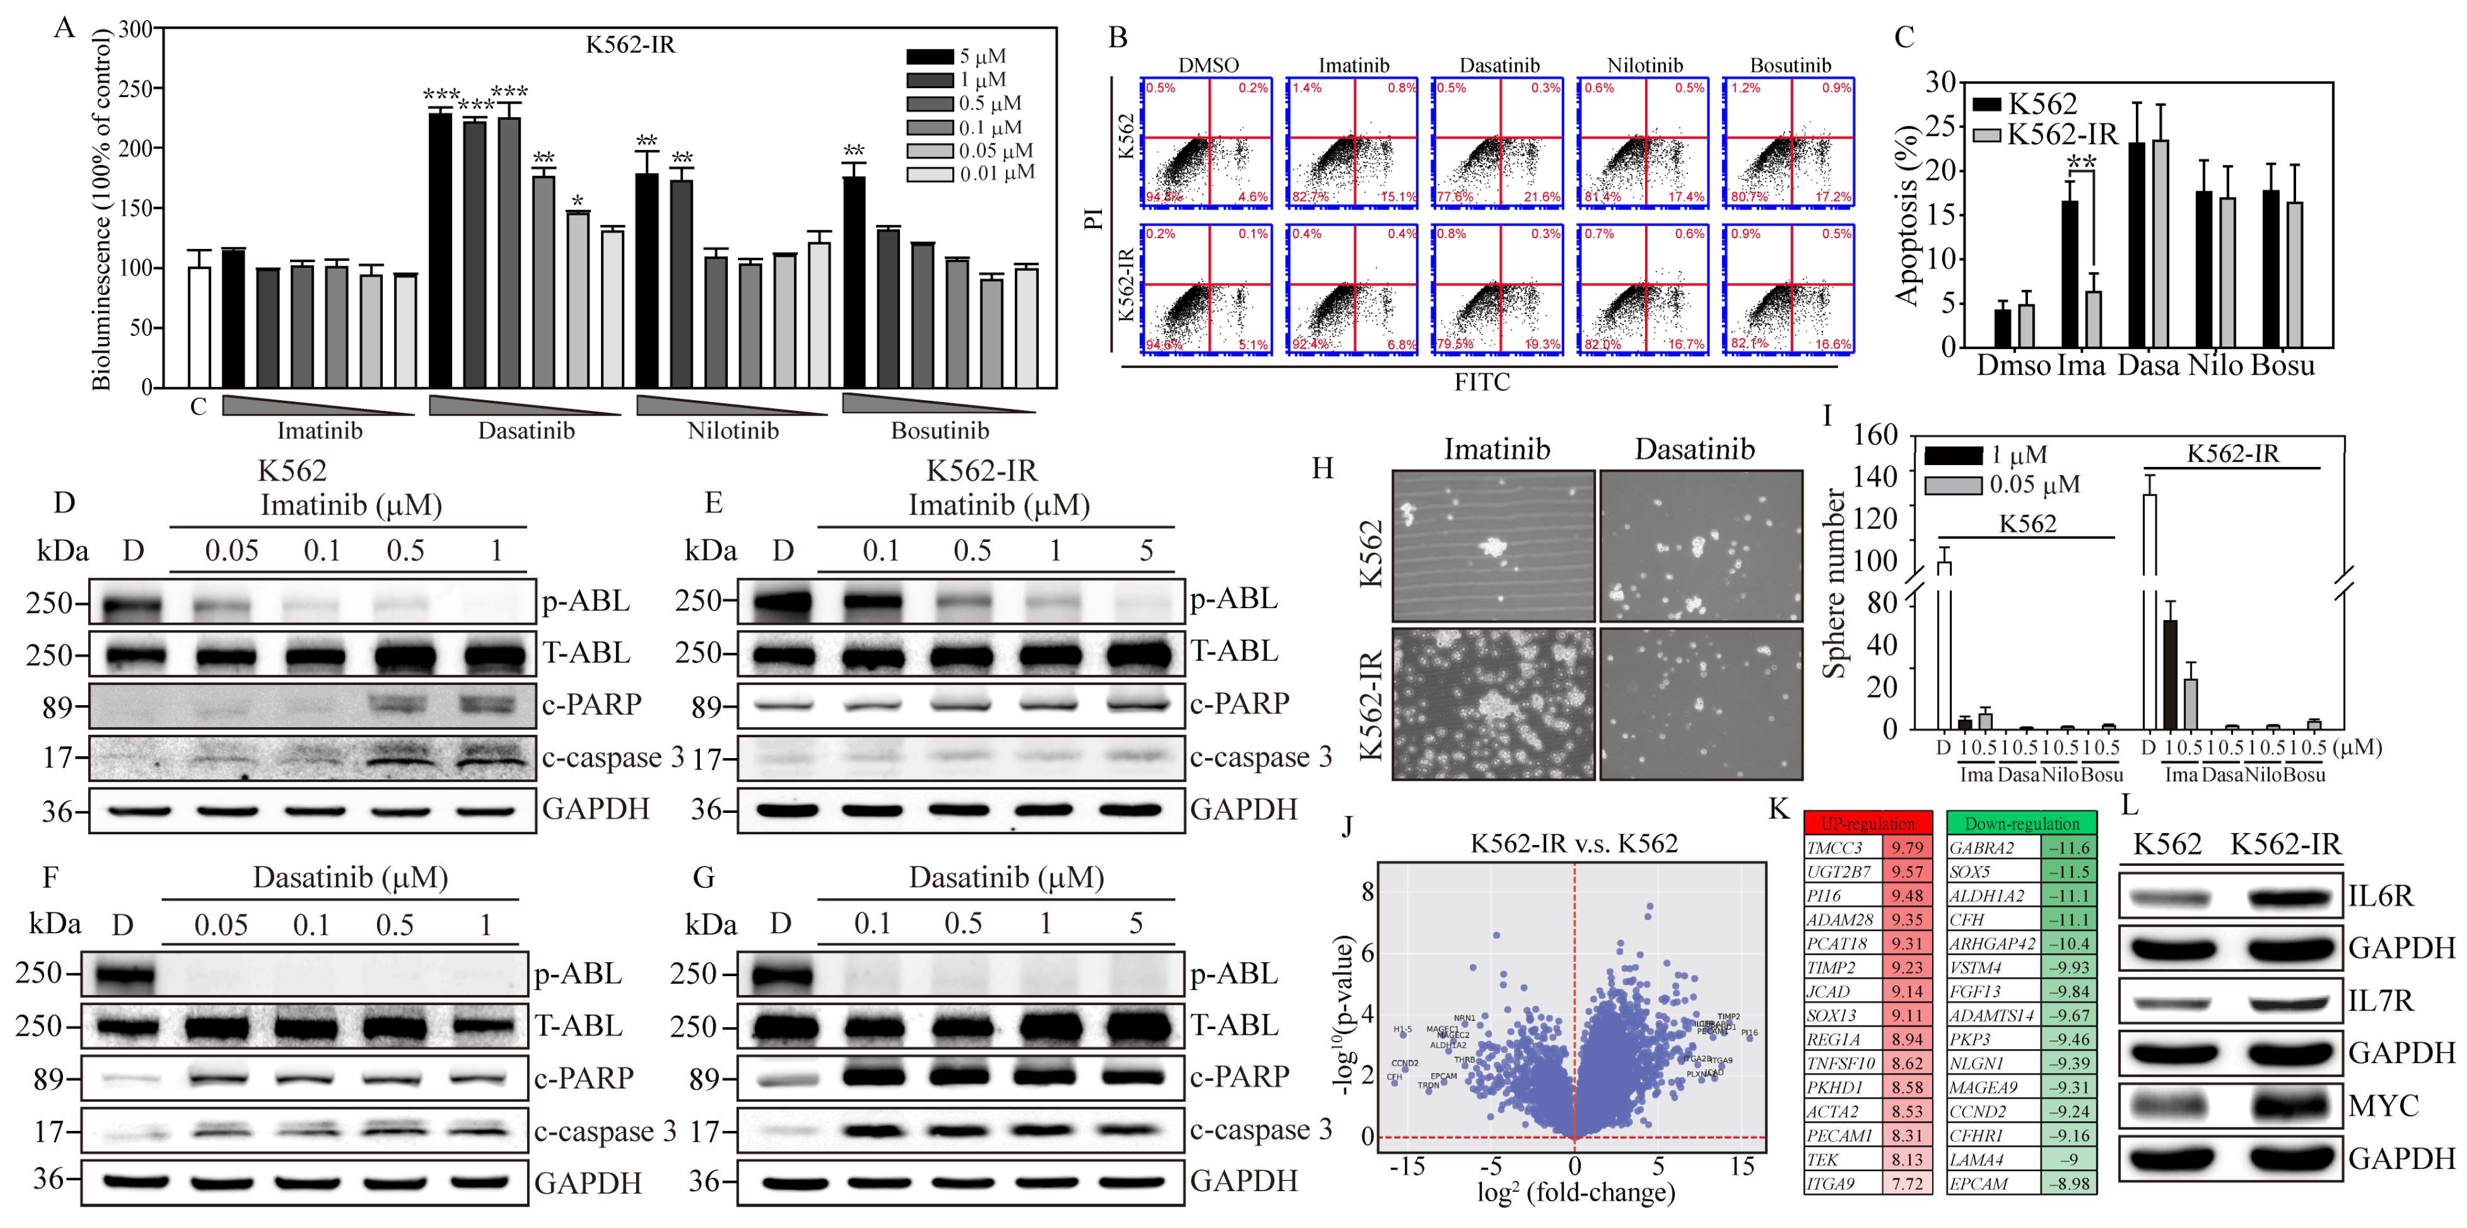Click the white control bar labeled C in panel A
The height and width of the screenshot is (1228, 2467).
tap(199, 326)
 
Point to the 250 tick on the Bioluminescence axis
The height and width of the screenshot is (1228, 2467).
tap(135, 88)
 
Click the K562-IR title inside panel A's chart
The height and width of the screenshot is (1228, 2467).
tap(630, 45)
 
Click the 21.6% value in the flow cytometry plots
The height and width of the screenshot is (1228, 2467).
tap(1541, 197)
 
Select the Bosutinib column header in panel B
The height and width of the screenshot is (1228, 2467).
tap(1790, 65)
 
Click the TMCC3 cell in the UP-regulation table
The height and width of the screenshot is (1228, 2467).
tap(1840, 847)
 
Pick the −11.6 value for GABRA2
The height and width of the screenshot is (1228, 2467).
tap(2069, 847)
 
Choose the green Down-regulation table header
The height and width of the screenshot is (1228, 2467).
tap(2021, 824)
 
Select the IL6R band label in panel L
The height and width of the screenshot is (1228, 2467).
tap(2381, 896)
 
